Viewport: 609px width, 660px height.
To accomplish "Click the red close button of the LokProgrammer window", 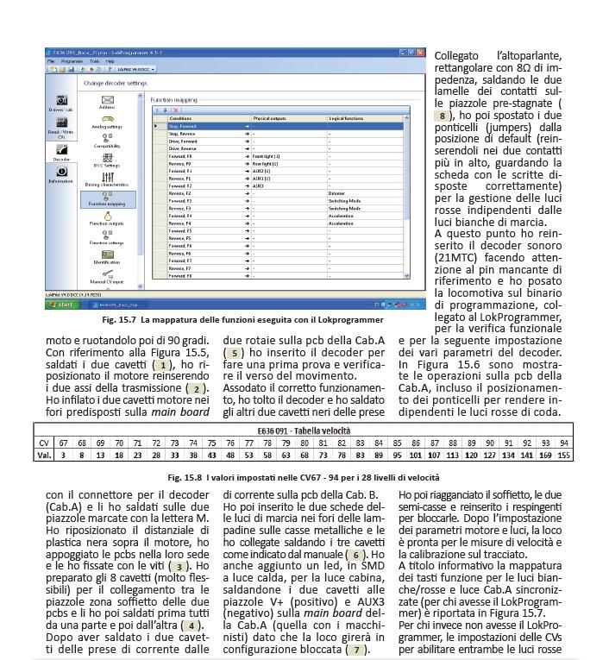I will (421, 53).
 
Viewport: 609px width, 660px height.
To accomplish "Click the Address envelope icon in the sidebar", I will (109, 101).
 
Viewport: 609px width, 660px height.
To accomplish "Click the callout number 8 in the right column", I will (442, 115).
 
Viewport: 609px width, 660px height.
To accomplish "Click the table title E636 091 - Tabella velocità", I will (304, 429).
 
